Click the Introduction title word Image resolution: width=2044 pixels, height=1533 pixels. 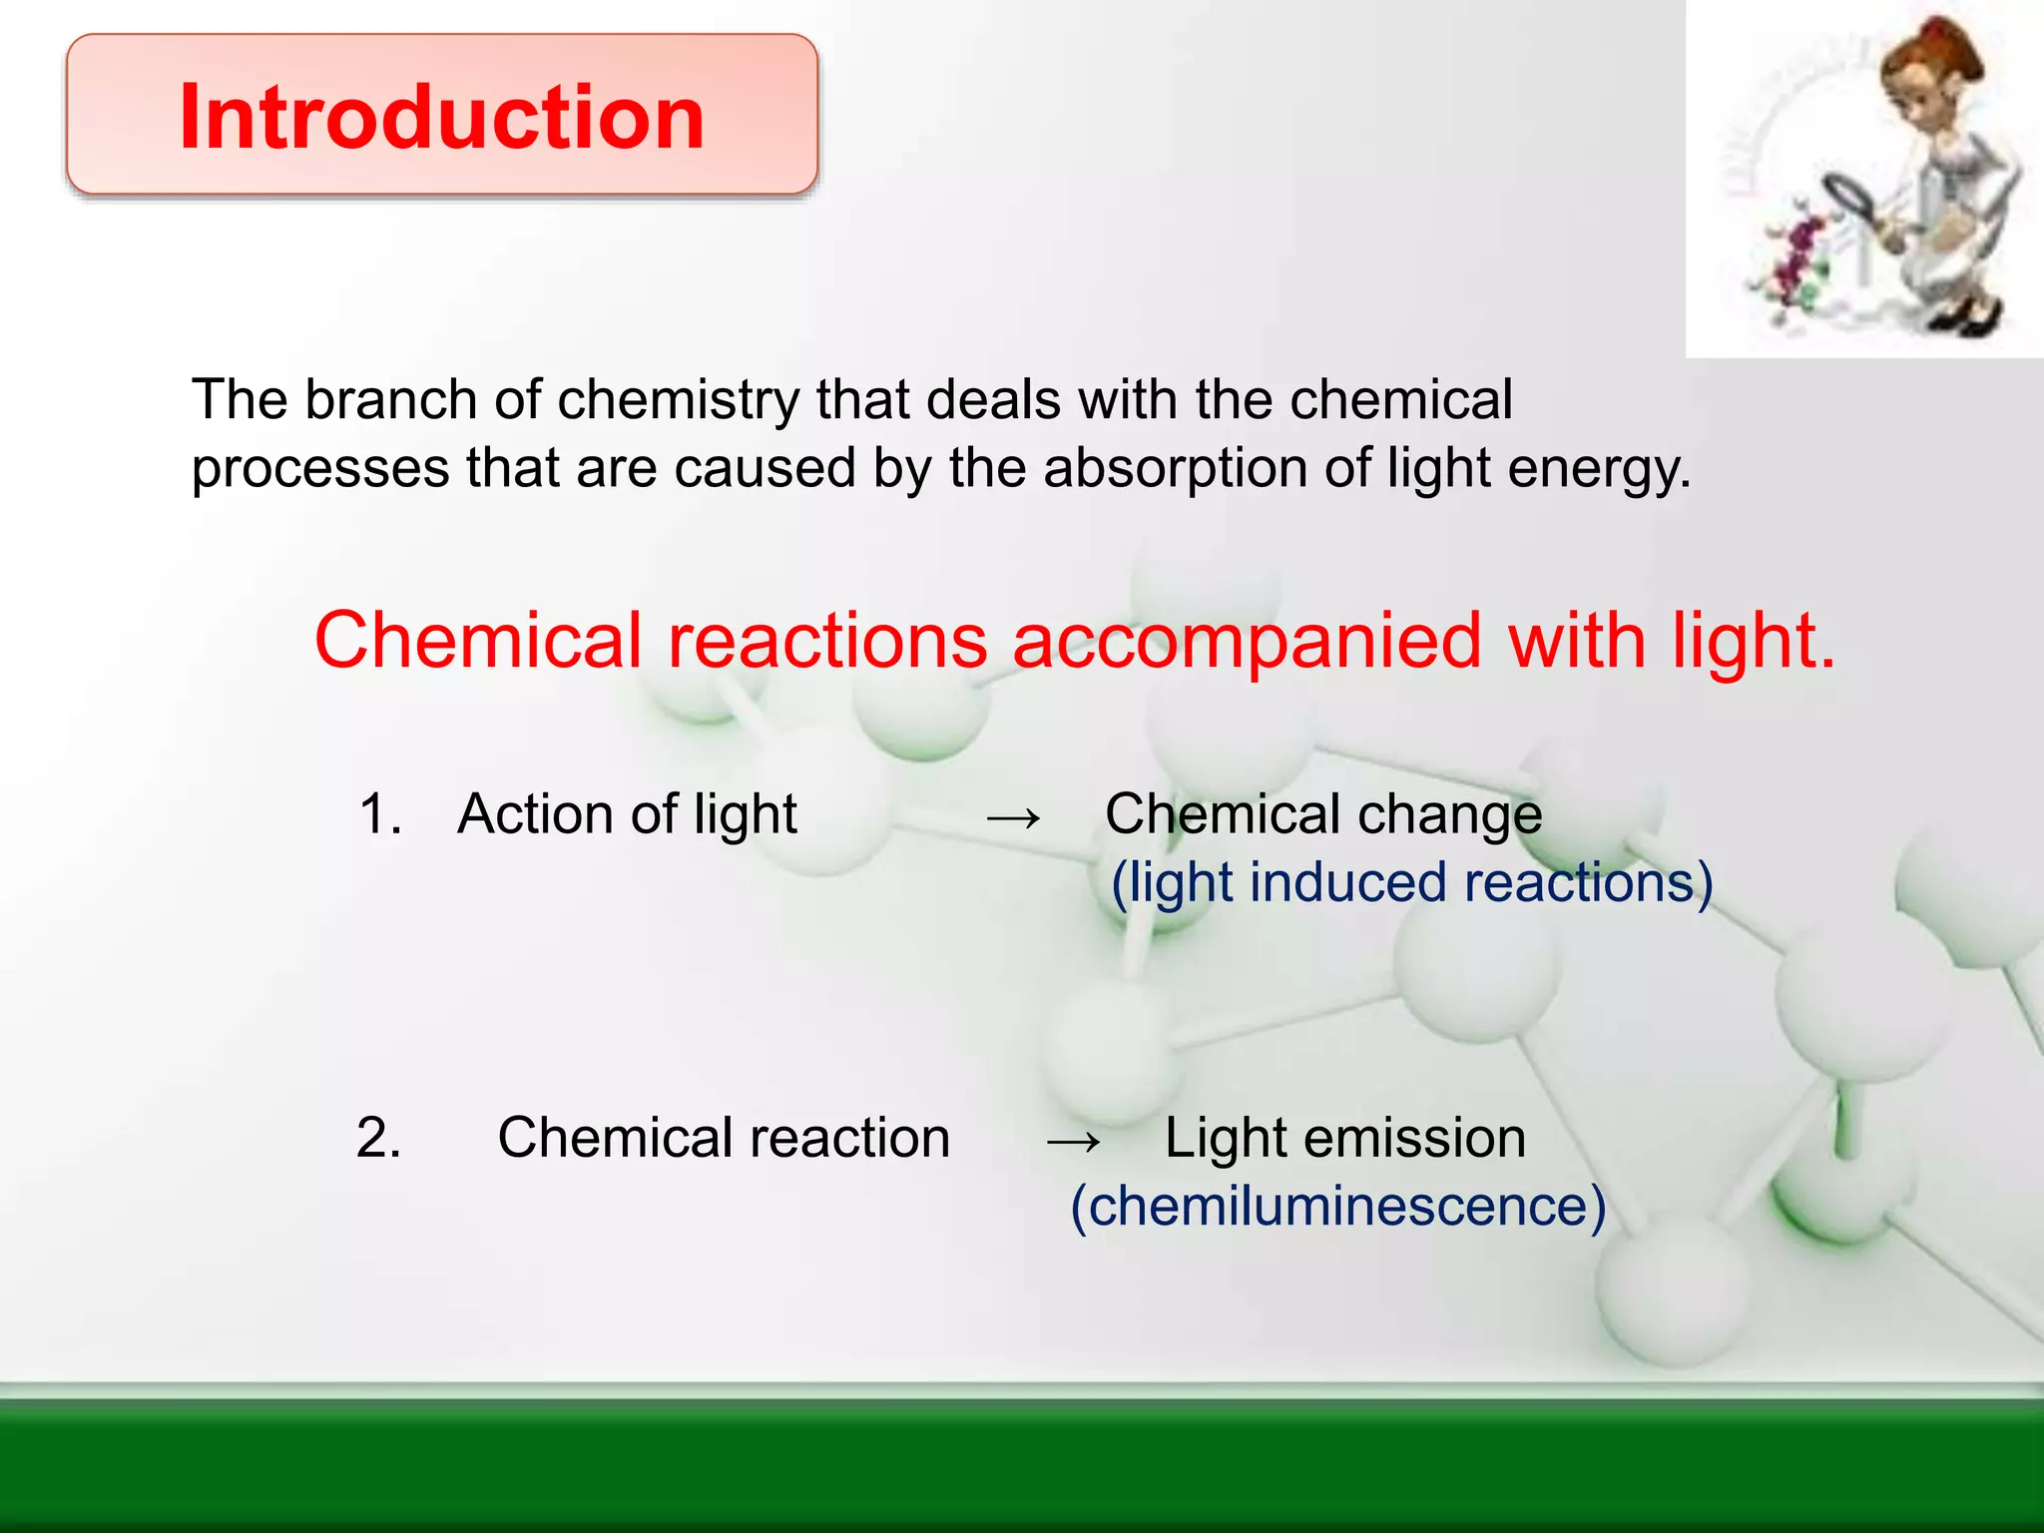(x=442, y=117)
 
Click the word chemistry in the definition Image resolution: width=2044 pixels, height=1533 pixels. (x=678, y=400)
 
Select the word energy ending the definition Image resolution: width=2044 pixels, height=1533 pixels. (x=1598, y=470)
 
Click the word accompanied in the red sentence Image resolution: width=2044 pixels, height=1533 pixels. (x=1247, y=641)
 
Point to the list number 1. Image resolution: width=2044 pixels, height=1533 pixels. (x=379, y=813)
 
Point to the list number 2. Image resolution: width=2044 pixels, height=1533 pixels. (x=378, y=1138)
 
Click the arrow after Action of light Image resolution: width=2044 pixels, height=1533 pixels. (x=1013, y=817)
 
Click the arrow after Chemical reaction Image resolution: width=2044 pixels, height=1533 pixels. (x=1073, y=1141)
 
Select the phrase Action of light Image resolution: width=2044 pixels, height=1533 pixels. (x=627, y=813)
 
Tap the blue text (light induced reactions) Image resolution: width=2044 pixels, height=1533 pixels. (x=1411, y=882)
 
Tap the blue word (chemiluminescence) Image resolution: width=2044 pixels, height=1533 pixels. (x=1337, y=1207)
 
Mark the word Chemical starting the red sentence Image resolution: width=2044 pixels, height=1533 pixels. (x=478, y=641)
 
